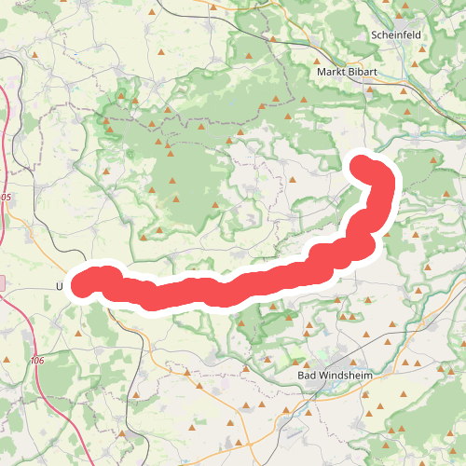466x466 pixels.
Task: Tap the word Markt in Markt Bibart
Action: coord(333,72)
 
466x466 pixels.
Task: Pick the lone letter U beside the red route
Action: coord(61,286)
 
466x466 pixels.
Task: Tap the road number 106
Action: coord(36,361)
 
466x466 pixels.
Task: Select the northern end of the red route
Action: coord(362,165)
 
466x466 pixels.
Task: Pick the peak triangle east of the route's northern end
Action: coord(433,159)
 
